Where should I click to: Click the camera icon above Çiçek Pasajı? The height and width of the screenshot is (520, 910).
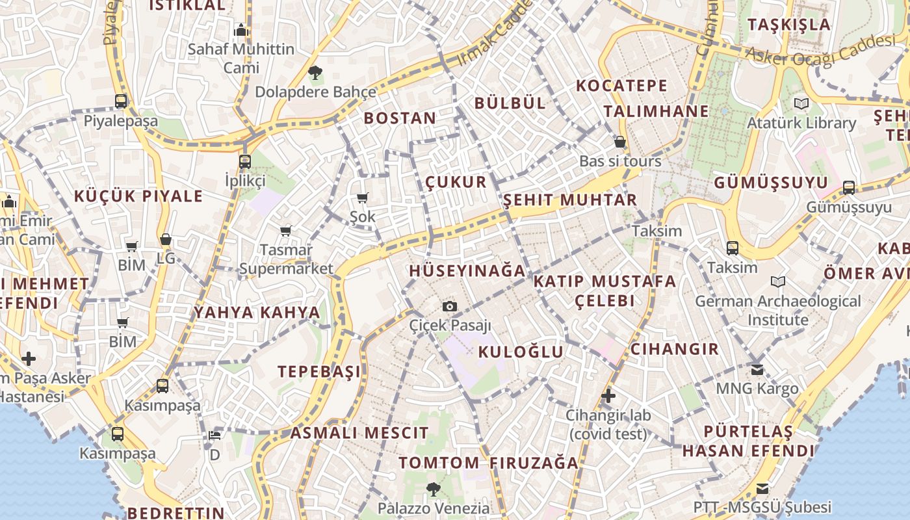tap(449, 306)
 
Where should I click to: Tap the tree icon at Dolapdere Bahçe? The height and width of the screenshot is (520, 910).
tap(315, 72)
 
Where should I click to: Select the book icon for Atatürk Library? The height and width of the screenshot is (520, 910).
tap(801, 103)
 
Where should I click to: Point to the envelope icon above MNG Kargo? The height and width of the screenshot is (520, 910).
tap(757, 369)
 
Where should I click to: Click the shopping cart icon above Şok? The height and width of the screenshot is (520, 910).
tap(362, 198)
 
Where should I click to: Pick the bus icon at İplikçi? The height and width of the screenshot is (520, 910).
tap(244, 161)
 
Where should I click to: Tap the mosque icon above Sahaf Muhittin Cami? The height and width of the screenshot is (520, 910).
tap(241, 30)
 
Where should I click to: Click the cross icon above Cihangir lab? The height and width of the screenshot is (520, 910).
tap(608, 395)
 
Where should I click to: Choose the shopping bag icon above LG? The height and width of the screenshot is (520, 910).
tap(166, 239)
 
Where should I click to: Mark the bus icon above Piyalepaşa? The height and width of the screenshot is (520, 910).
tap(121, 101)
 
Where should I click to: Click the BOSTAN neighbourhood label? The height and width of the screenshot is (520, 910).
tap(400, 118)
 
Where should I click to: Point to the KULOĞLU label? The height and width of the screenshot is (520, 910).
tap(521, 352)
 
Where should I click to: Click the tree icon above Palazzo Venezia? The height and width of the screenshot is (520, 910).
tap(433, 489)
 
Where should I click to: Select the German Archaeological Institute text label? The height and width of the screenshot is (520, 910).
tap(777, 311)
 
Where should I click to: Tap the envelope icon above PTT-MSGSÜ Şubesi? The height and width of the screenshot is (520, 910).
tap(762, 488)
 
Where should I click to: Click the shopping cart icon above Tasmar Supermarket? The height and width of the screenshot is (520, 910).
tap(285, 231)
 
